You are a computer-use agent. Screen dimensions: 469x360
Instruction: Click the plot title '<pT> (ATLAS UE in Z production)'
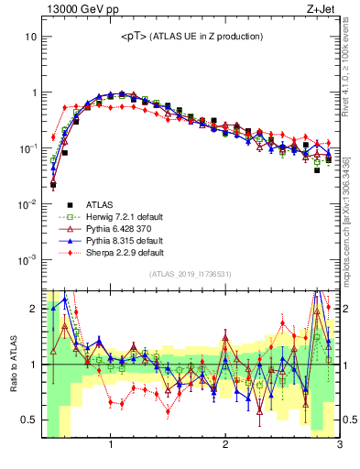[x=191, y=36]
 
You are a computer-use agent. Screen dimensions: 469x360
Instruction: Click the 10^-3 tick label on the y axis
[x=27, y=259]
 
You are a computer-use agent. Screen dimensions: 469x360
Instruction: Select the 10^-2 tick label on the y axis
[x=27, y=204]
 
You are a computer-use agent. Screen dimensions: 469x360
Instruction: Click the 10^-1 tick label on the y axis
[x=27, y=148]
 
